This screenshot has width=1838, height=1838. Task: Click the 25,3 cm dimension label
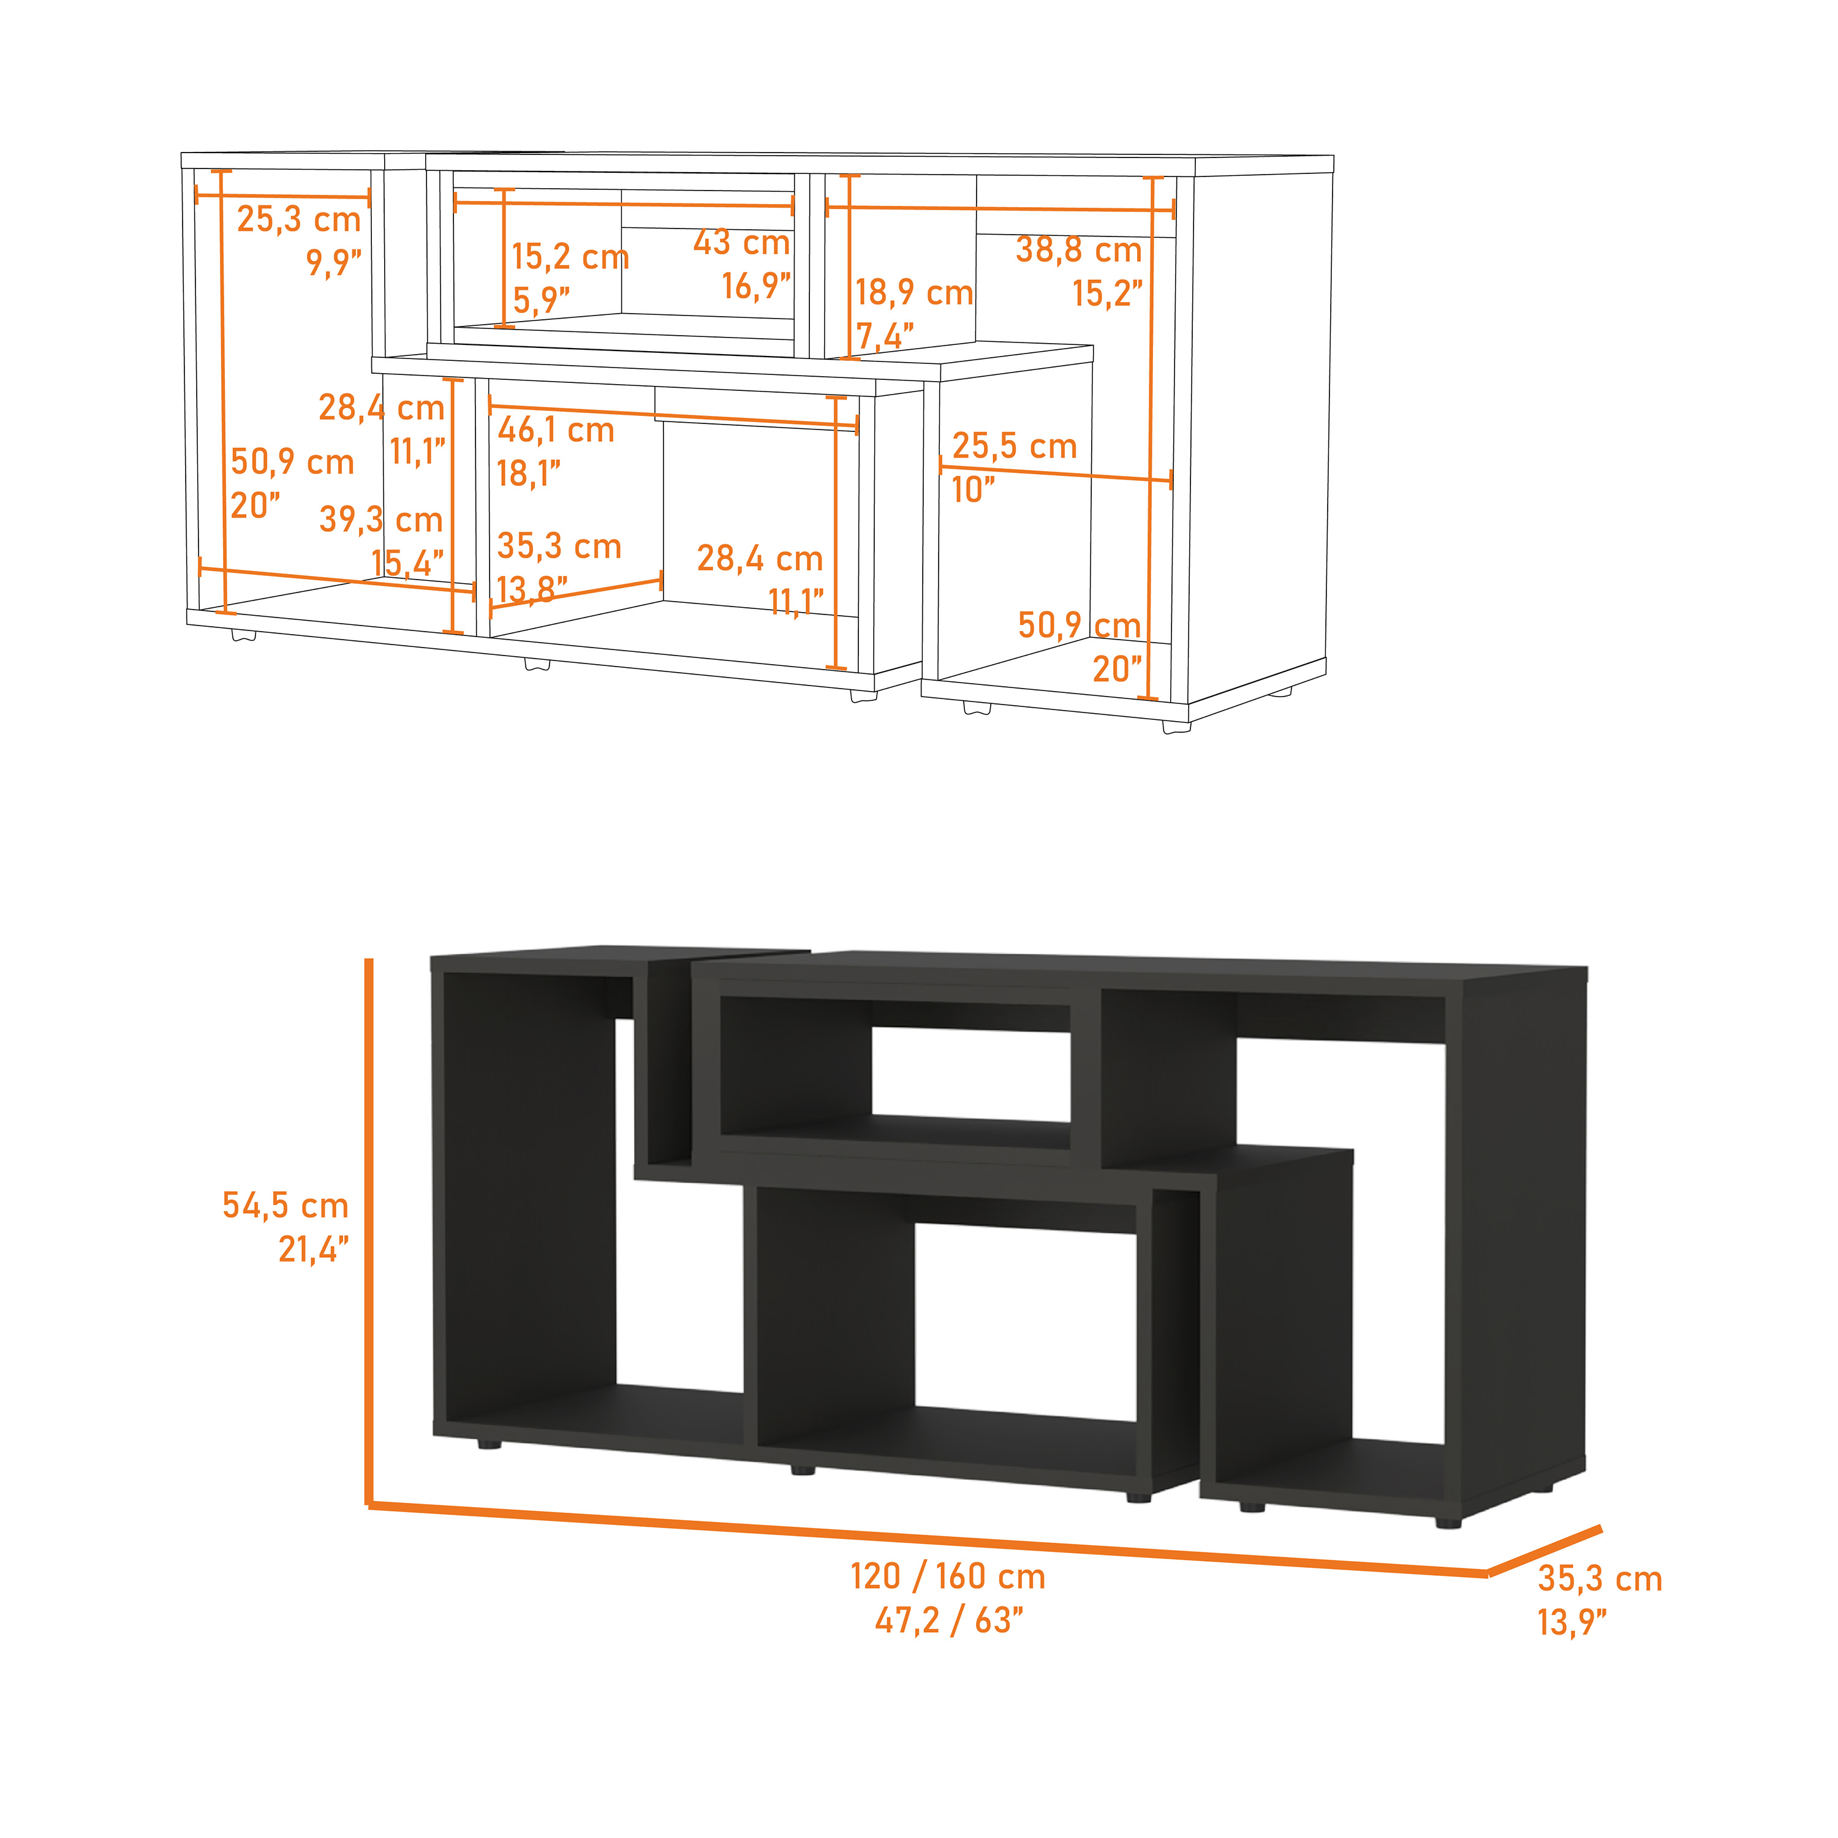pyautogui.click(x=299, y=220)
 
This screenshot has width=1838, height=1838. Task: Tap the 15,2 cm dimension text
pyautogui.click(x=570, y=257)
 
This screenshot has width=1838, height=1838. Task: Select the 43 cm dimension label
pyautogui.click(x=741, y=243)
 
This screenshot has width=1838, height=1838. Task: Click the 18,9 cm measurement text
pyautogui.click(x=913, y=293)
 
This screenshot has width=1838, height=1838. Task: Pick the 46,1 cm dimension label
pyautogui.click(x=556, y=430)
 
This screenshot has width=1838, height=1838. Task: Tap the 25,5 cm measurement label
pyautogui.click(x=1014, y=446)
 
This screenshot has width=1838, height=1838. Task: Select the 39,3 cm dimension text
pyautogui.click(x=380, y=520)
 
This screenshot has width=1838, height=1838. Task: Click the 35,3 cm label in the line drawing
pyautogui.click(x=558, y=546)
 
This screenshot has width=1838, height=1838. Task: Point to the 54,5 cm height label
pyautogui.click(x=286, y=1205)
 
